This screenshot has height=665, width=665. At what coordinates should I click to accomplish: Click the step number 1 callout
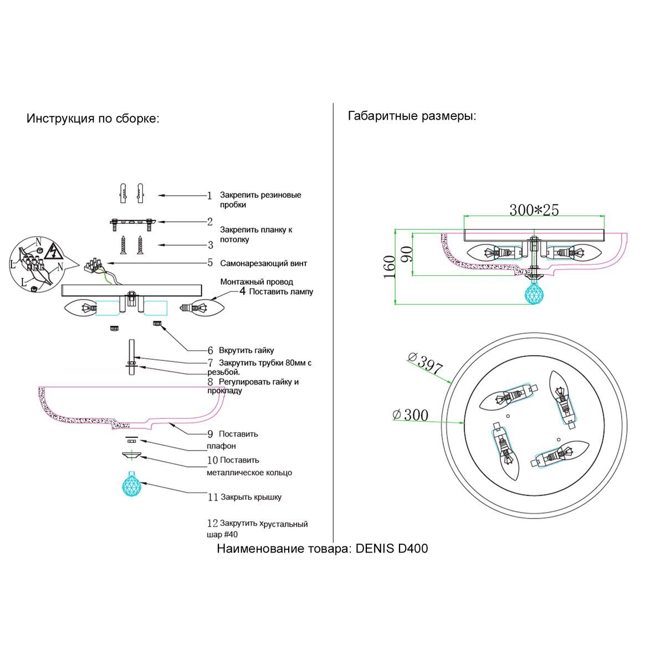pos(209,196)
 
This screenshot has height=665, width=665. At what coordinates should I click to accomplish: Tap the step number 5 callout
pos(210,263)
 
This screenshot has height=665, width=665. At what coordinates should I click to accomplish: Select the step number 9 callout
pos(210,434)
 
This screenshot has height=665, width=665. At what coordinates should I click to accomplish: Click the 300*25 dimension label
pos(534,210)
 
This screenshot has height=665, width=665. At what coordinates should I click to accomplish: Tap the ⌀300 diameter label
pos(410,415)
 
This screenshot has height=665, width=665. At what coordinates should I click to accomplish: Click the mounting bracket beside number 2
pos(131,223)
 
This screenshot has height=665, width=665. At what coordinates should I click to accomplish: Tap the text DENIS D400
pos(391,549)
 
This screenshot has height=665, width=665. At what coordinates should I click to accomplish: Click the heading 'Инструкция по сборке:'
pos(93,119)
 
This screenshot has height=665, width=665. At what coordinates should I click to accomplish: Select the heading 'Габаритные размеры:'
pos(412,116)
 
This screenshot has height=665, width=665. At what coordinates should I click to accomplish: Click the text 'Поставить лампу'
pos(281,291)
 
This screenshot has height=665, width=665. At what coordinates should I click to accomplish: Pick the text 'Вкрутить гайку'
pos(246,350)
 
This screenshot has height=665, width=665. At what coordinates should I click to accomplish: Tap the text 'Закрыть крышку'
pos(251,497)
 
